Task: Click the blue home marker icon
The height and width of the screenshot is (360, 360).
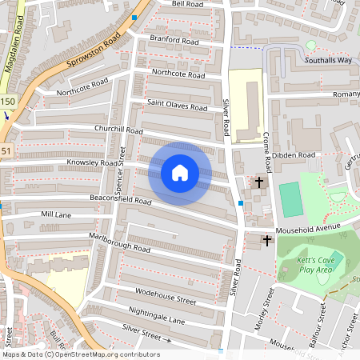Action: tap(180, 173)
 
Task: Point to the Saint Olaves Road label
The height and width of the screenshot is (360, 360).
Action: tap(177, 106)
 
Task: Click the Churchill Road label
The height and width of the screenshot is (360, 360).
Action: tap(118, 130)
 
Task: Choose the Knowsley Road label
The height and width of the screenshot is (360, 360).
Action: tap(92, 162)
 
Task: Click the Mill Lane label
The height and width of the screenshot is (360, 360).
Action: tap(56, 215)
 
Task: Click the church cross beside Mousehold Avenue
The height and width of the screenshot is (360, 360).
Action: tap(266, 239)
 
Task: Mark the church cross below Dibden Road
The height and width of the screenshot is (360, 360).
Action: tap(258, 182)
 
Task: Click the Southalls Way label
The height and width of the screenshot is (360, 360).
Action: tap(328, 61)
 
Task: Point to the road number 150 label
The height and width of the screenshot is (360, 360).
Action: tap(7, 101)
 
